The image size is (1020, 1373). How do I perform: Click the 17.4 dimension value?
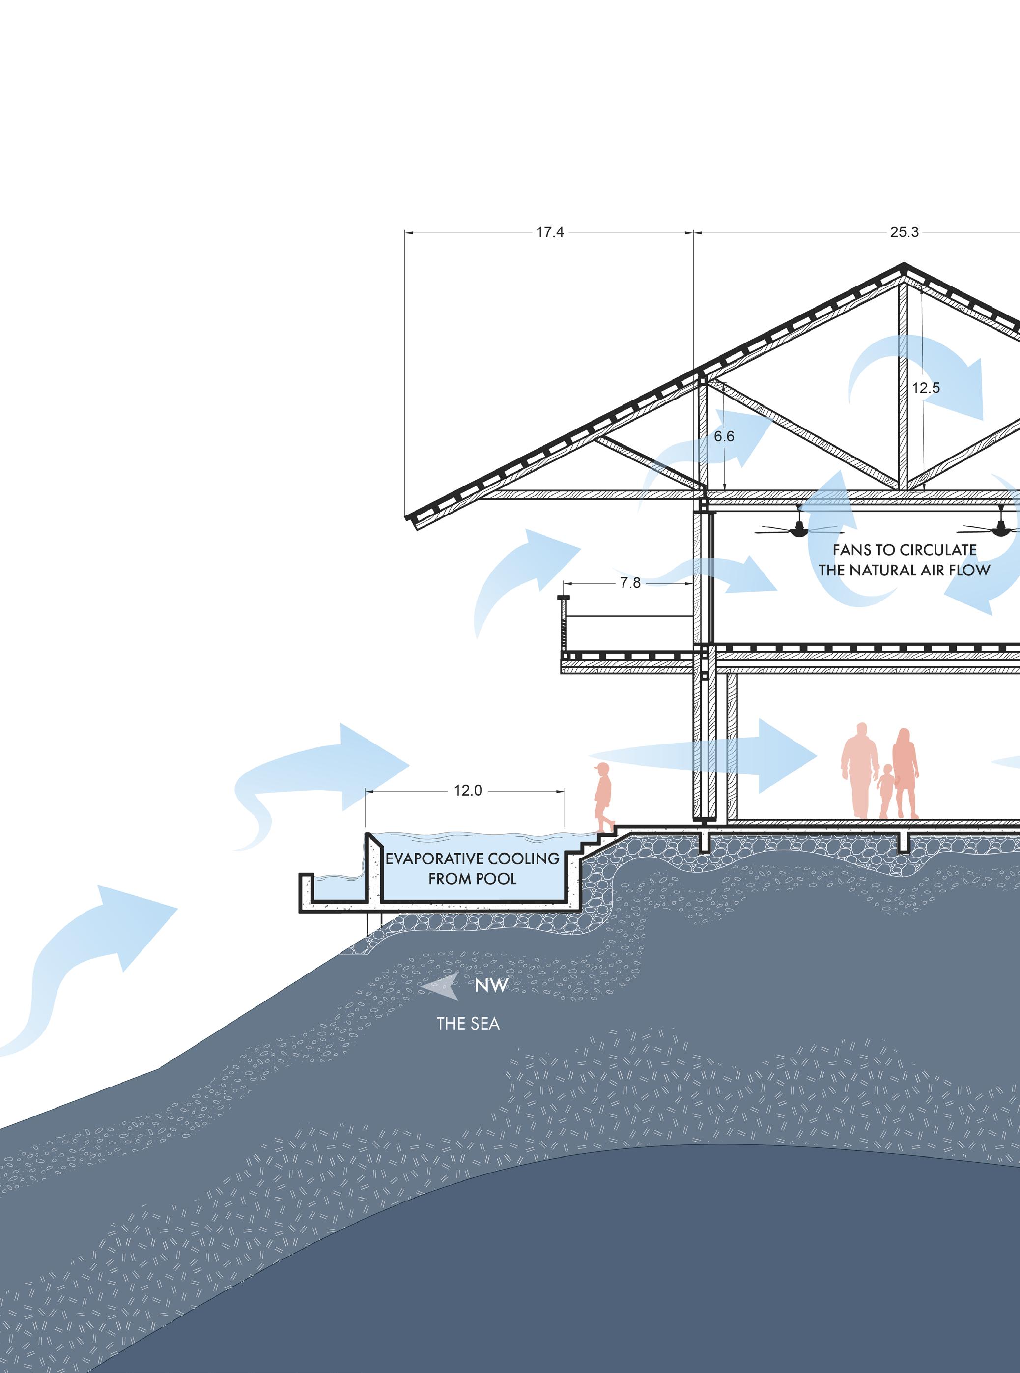pyautogui.click(x=549, y=233)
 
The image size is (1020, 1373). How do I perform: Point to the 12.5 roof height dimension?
pyautogui.click(x=926, y=388)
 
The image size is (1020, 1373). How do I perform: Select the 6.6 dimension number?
pyautogui.click(x=724, y=436)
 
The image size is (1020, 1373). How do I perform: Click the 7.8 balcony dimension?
pyautogui.click(x=630, y=583)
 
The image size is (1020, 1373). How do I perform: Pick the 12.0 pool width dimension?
pyautogui.click(x=467, y=790)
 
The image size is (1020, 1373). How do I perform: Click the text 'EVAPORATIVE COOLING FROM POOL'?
pyautogui.click(x=472, y=868)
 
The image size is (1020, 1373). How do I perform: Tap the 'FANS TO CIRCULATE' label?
pyautogui.click(x=905, y=550)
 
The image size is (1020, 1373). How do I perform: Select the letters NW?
pyautogui.click(x=491, y=986)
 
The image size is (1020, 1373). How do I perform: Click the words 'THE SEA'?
pyautogui.click(x=468, y=1024)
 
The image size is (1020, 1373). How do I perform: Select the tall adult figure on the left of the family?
pyautogui.click(x=859, y=771)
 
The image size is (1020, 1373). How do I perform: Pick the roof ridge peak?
pyautogui.click(x=903, y=267)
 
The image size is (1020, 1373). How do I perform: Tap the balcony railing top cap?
pyautogui.click(x=564, y=598)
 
